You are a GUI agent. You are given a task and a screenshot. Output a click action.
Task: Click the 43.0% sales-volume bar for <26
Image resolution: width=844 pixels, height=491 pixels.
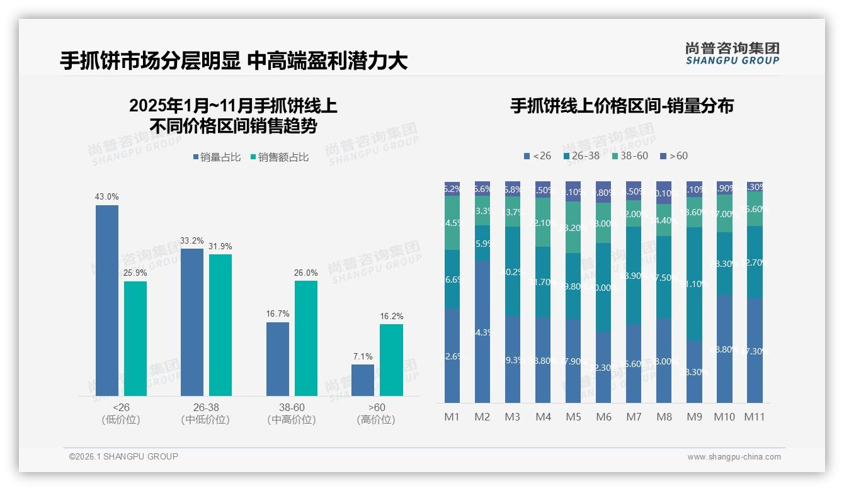(107, 300)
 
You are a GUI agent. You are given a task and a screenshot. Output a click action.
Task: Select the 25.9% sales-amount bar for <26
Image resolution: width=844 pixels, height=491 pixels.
(135, 338)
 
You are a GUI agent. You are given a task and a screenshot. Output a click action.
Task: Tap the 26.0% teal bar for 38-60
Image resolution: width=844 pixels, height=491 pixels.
(306, 338)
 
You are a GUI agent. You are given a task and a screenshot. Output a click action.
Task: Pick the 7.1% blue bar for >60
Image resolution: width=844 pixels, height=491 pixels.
(363, 380)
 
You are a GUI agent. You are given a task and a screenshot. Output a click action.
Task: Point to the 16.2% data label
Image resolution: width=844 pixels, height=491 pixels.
(391, 316)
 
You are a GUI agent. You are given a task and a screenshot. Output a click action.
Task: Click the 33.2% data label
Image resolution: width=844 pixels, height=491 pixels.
(192, 240)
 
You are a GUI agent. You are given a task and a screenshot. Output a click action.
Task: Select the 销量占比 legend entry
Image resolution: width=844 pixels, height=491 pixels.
(217, 157)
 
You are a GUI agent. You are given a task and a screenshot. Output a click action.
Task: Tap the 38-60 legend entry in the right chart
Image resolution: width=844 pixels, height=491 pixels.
(630, 155)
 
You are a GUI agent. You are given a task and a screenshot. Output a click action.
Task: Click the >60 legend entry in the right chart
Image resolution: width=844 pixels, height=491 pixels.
(674, 155)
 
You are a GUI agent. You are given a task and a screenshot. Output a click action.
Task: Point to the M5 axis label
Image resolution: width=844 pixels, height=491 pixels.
(573, 417)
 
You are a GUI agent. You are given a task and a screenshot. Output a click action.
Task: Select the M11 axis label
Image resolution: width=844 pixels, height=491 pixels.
(755, 417)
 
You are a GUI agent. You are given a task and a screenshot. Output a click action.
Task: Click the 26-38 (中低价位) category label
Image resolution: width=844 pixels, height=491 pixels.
(205, 414)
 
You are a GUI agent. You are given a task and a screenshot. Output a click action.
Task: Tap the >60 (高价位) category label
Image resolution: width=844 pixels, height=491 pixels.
(376, 414)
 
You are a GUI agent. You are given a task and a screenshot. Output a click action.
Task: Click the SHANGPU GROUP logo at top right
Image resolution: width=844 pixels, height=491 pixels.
(733, 54)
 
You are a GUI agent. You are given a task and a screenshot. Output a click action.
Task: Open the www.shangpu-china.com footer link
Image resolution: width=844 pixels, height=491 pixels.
(734, 456)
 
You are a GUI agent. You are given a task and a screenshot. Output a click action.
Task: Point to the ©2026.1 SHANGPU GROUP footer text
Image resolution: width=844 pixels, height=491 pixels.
(123, 456)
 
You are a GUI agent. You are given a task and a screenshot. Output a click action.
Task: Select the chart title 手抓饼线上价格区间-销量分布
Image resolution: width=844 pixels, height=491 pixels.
(622, 106)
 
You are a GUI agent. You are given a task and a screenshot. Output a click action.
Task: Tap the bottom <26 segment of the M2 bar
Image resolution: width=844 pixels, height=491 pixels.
(482, 332)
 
